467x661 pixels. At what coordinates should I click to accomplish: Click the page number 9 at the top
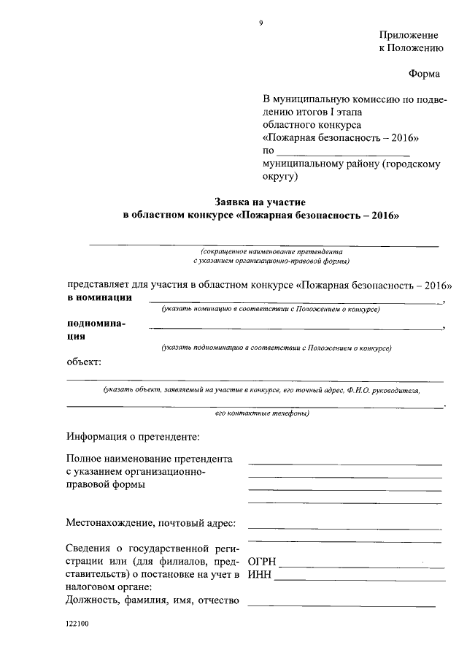(260, 23)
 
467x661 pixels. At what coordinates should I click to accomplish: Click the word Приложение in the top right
(409, 35)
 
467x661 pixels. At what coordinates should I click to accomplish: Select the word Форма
(425, 73)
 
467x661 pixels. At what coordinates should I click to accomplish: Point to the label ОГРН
(262, 562)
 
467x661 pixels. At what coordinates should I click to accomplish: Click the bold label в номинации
(100, 298)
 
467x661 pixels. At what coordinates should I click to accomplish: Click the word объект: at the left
(84, 362)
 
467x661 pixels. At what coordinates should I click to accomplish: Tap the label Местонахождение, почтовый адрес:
(151, 523)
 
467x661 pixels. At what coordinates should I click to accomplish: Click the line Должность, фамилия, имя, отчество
(153, 601)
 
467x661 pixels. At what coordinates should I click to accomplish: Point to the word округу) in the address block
(280, 176)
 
